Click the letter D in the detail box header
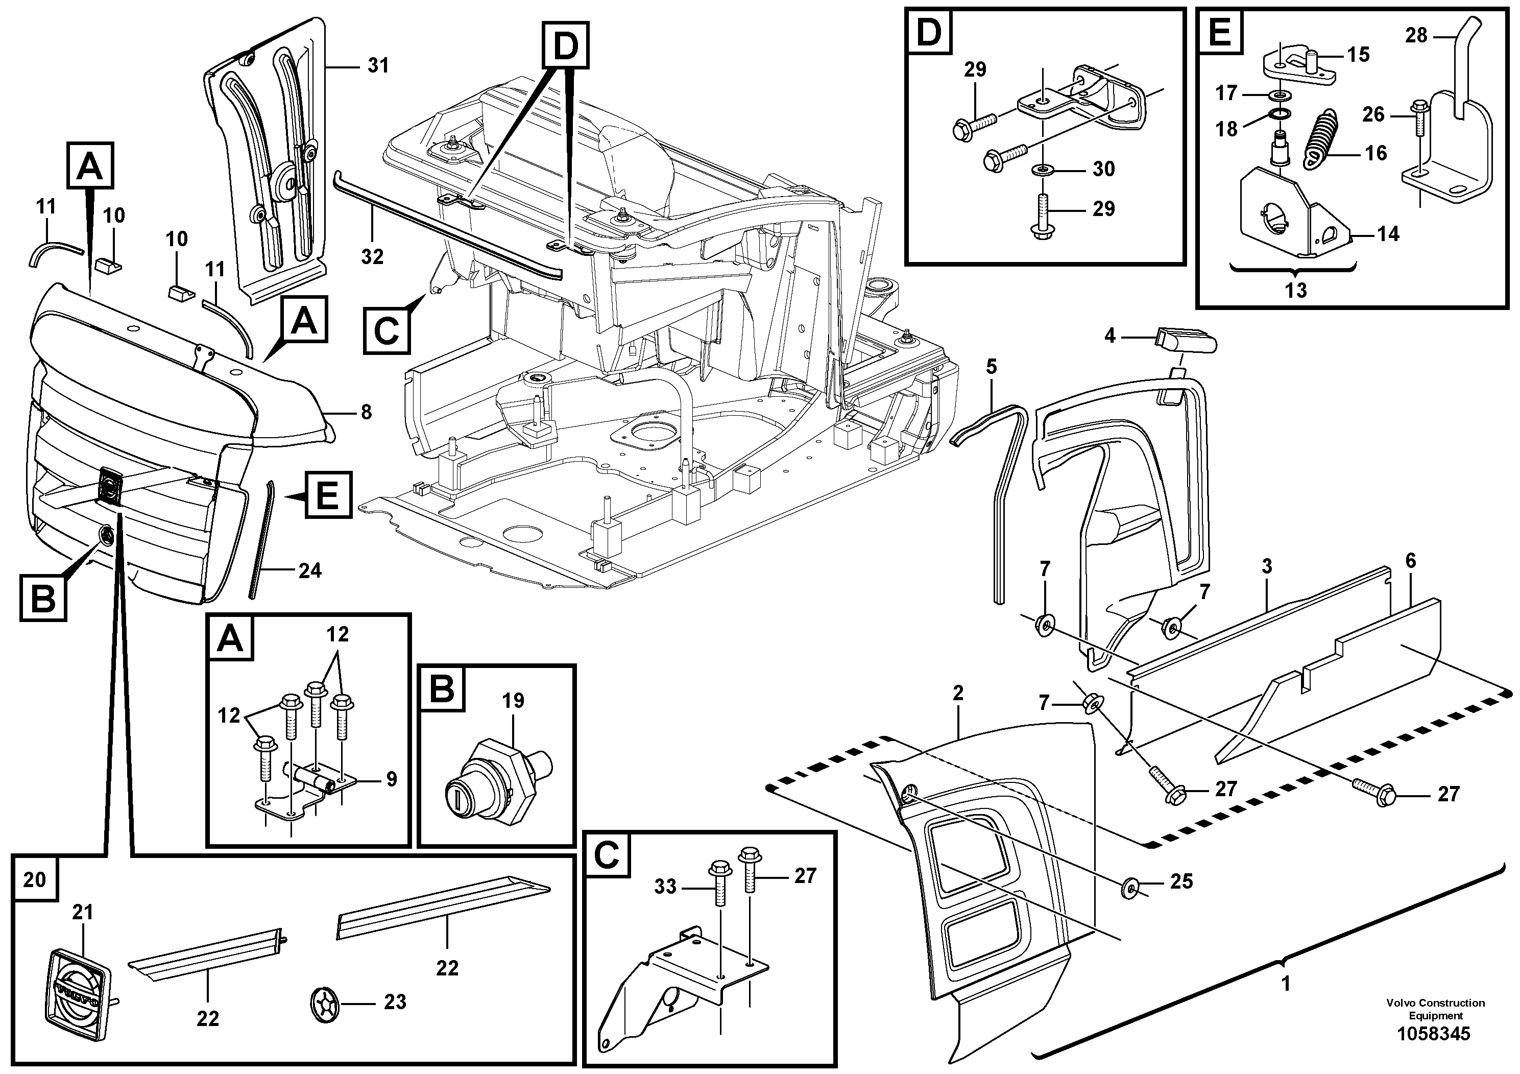pos(929,32)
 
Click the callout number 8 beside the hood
pos(366,413)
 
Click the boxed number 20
pos(34,879)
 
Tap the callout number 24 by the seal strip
pos(310,570)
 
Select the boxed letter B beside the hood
pos(43,599)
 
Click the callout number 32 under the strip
pos(372,257)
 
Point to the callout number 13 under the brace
pos(1295,290)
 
